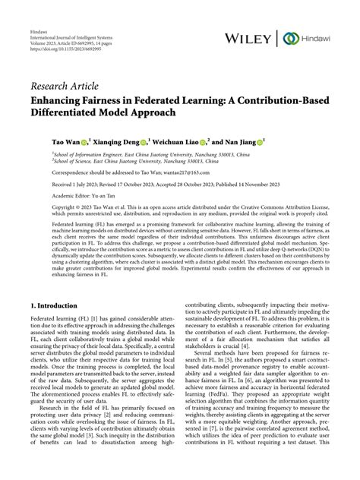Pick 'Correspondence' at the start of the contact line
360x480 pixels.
[x=52, y=172]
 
